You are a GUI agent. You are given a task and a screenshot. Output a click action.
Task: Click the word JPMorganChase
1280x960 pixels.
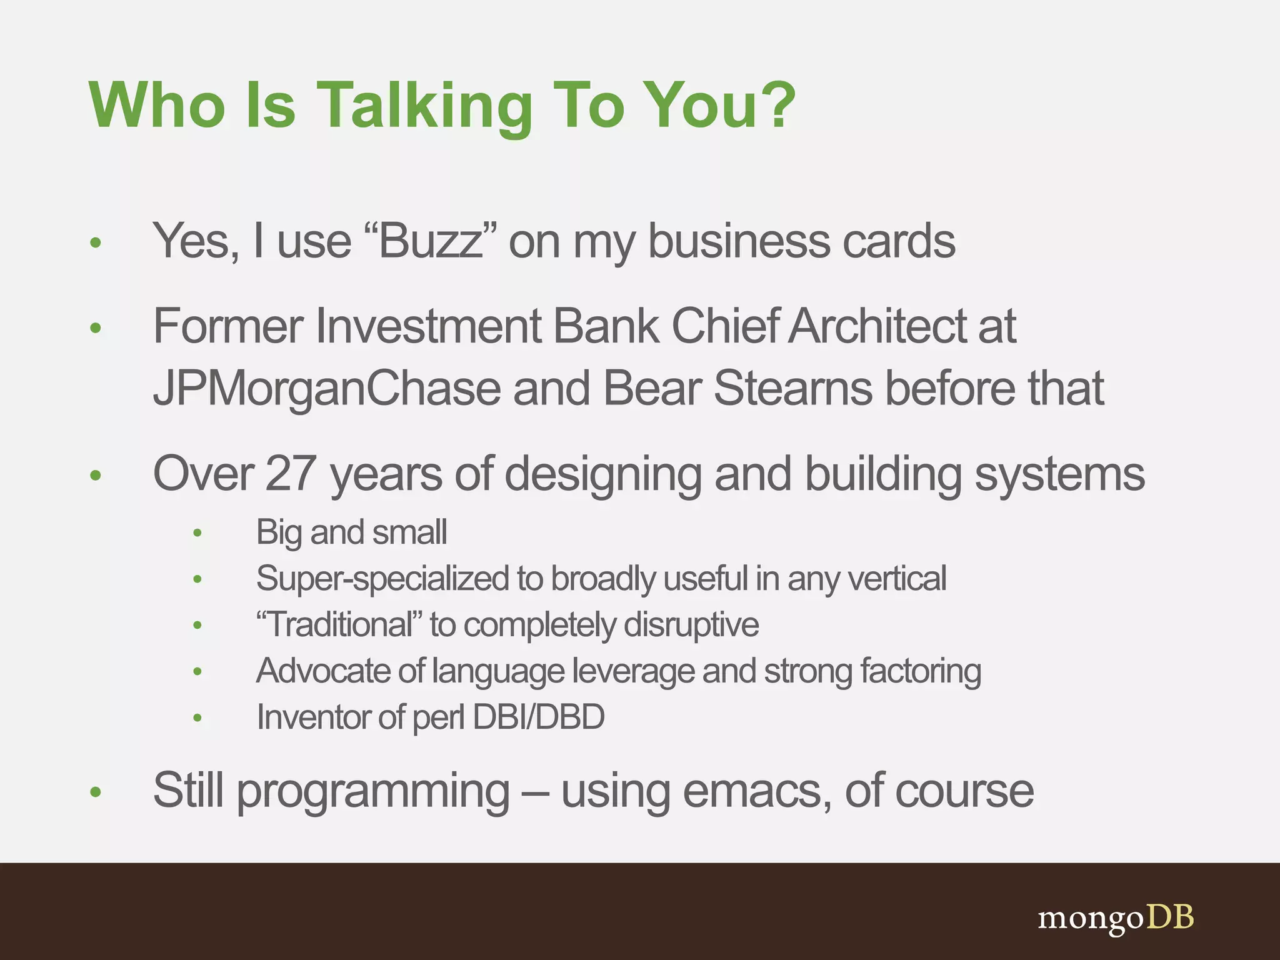point(327,389)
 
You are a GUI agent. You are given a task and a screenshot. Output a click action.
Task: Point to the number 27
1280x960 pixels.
point(290,474)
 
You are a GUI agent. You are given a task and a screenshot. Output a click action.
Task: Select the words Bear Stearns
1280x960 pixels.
point(737,389)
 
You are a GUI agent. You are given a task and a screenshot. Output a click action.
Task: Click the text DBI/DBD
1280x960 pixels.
point(539,717)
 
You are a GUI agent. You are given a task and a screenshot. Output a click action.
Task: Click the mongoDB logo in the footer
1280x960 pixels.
point(1116,917)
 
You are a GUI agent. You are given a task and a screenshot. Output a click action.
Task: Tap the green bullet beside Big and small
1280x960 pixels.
point(197,533)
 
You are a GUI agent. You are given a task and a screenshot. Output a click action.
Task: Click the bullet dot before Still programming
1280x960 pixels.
point(96,792)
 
